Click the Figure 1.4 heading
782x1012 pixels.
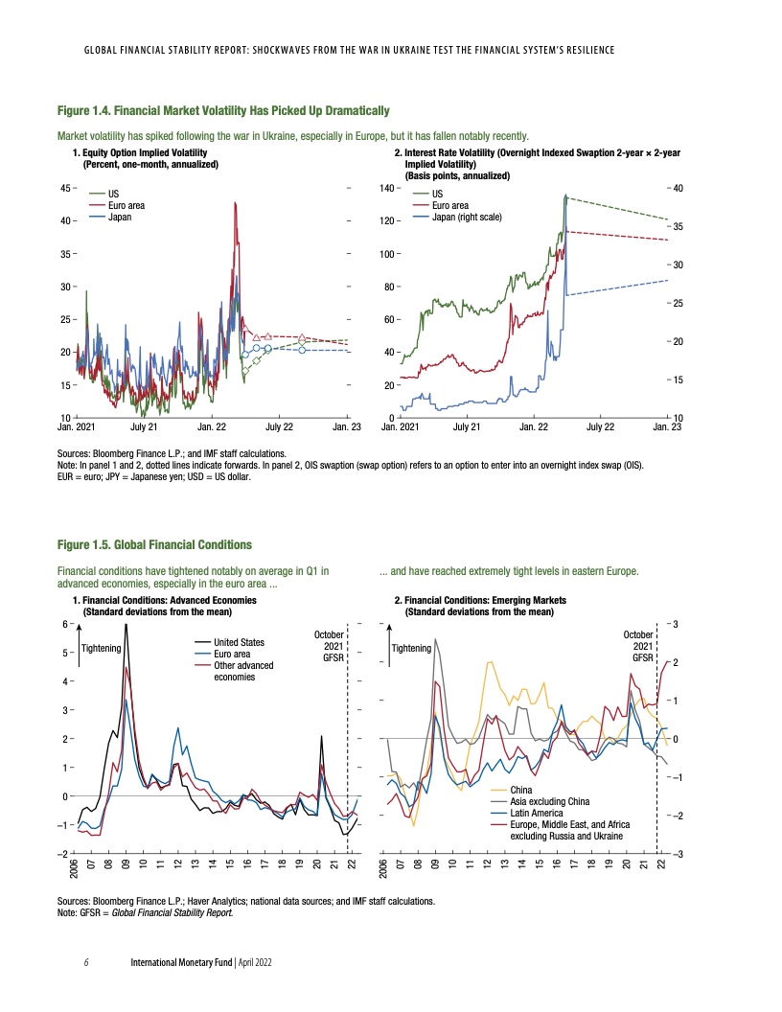223,112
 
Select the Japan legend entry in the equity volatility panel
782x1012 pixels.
120,217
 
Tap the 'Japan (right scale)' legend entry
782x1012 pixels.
467,217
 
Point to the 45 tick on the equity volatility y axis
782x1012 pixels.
65,188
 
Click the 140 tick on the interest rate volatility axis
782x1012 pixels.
387,188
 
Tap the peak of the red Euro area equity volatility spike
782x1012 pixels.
235,203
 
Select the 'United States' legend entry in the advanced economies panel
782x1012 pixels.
240,642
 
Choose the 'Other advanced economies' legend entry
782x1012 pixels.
243,671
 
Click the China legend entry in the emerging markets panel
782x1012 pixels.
508,789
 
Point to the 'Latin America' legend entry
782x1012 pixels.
527,813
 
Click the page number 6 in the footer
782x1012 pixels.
86,960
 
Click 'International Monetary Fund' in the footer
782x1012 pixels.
181,960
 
